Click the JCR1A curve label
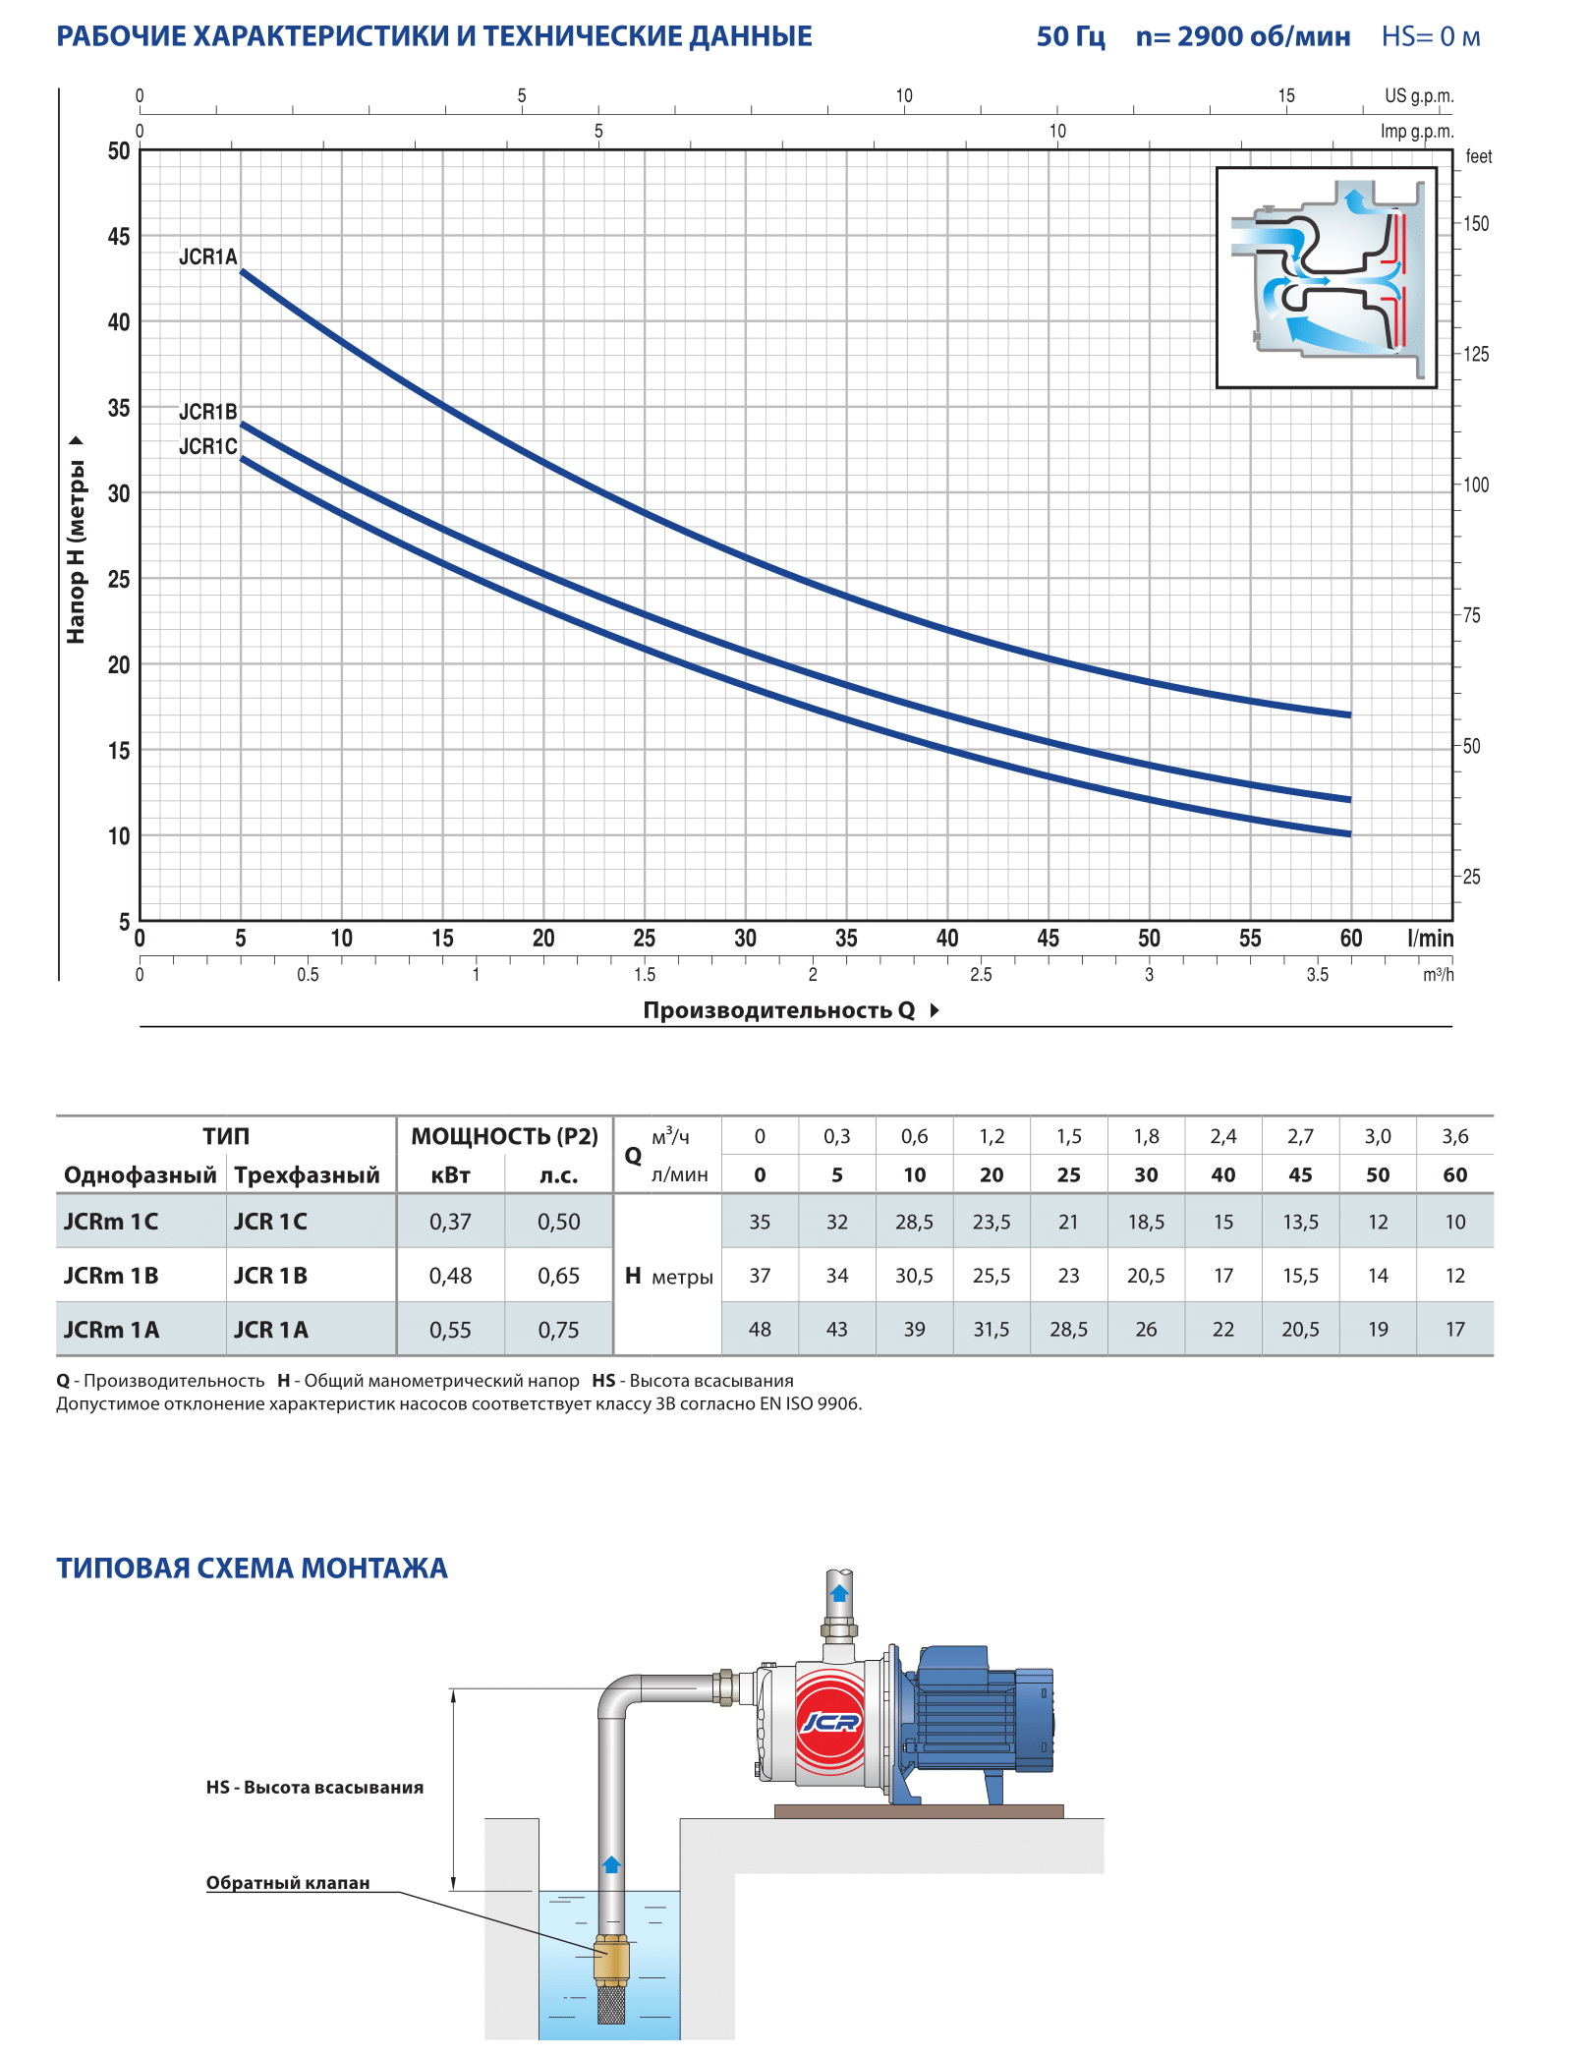click(x=207, y=257)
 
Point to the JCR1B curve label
click(x=207, y=412)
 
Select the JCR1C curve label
click(x=207, y=447)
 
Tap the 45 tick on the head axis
click(x=118, y=237)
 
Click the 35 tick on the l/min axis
click(x=846, y=939)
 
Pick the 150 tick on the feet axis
click(x=1475, y=224)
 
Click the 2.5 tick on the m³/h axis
click(x=981, y=975)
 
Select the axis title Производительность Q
click(x=778, y=1010)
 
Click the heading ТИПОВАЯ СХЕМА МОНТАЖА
click(x=252, y=1569)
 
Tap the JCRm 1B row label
click(x=111, y=1276)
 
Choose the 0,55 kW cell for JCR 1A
click(x=450, y=1330)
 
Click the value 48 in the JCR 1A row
click(x=760, y=1330)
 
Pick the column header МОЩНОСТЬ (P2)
click(x=504, y=1137)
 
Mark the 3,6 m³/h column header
click(x=1454, y=1137)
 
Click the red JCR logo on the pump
click(x=830, y=1721)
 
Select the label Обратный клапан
click(x=288, y=1883)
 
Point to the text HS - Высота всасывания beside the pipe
click(x=314, y=1788)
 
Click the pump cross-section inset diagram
click(x=1327, y=277)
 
